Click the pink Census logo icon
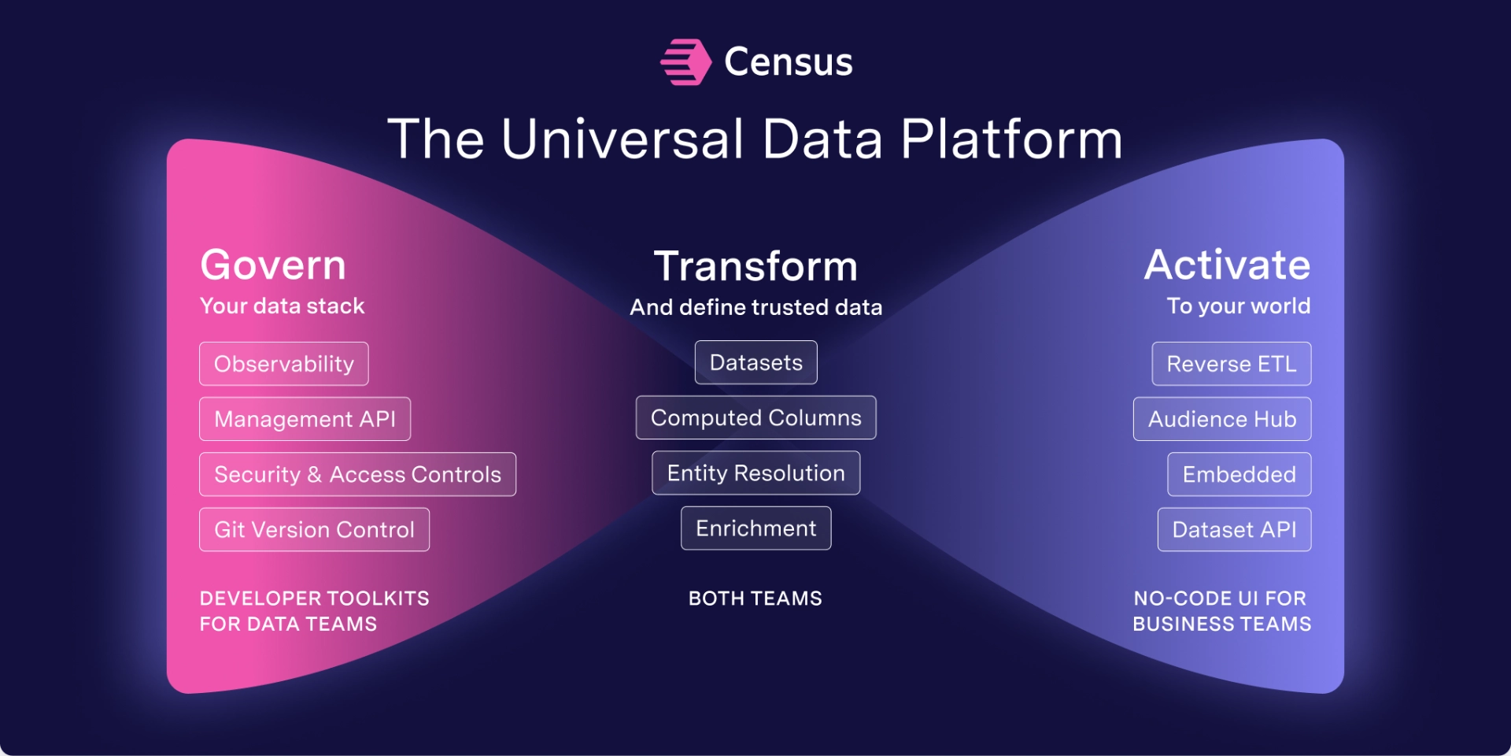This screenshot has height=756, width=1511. [x=685, y=62]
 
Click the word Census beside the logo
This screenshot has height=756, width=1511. [x=788, y=62]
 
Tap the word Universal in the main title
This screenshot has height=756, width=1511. [x=622, y=139]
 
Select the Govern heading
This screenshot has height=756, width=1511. [x=273, y=265]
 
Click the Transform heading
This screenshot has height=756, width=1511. [x=755, y=266]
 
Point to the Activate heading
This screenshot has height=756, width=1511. [x=1227, y=265]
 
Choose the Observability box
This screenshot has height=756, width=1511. [x=284, y=364]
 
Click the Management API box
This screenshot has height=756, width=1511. [x=305, y=419]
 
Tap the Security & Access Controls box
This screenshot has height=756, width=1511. [x=358, y=474]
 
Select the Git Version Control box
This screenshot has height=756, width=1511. [x=315, y=529]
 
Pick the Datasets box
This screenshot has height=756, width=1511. [x=756, y=362]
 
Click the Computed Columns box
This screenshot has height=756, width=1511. [x=756, y=417]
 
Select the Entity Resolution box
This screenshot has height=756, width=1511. [x=756, y=472]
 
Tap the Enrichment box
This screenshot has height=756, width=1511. [x=756, y=528]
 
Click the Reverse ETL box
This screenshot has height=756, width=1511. [x=1232, y=364]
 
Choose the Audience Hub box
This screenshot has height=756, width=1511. [x=1222, y=419]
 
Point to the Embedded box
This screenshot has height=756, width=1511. [x=1239, y=474]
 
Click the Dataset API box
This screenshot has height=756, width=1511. [x=1235, y=529]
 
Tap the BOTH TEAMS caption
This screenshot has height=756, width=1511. [x=755, y=598]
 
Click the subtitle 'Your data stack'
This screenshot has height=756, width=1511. [x=283, y=306]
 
